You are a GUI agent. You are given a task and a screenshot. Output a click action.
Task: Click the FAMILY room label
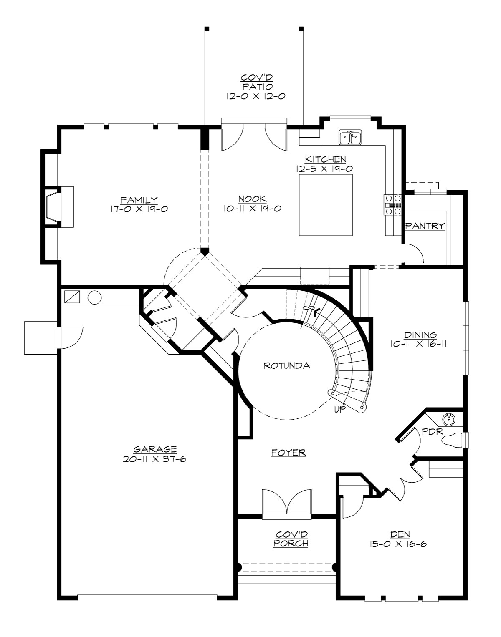coord(139,200)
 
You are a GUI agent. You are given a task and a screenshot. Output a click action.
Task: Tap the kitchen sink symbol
coord(351,137)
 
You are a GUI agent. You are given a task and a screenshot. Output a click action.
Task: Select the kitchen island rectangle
coord(326,205)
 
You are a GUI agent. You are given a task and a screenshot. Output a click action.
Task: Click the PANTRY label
coord(425,226)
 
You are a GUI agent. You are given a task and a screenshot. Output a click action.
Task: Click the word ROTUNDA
coord(286,366)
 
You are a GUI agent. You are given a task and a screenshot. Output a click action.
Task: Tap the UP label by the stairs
coord(340,410)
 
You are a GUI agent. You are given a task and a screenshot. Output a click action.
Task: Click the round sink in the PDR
coord(449,418)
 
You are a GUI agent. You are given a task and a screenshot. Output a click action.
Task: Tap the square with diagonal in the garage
coord(72,297)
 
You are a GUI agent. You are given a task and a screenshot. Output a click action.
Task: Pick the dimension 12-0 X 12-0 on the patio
coord(256,96)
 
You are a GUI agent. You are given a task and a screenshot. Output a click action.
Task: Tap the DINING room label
coord(420,335)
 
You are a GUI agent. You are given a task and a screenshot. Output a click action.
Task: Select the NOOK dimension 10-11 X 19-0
coord(252,209)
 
